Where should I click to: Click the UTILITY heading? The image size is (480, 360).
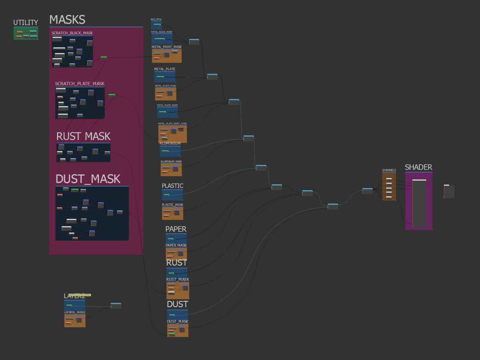pyautogui.click(x=25, y=23)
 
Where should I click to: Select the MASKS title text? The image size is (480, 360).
pyautogui.click(x=67, y=20)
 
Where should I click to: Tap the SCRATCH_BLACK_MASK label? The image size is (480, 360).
pyautogui.click(x=72, y=33)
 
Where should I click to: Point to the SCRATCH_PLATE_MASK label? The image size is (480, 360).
pyautogui.click(x=80, y=84)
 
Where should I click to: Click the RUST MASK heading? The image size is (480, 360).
pyautogui.click(x=83, y=136)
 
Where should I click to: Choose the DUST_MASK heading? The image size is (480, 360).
pyautogui.click(x=88, y=179)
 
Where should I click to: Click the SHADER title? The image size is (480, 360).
pyautogui.click(x=418, y=167)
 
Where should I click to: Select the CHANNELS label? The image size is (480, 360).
pyautogui.click(x=389, y=170)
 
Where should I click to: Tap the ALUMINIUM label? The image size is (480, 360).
pyautogui.click(x=170, y=143)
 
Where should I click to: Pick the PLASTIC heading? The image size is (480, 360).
pyautogui.click(x=172, y=186)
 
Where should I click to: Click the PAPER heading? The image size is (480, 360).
pyautogui.click(x=176, y=229)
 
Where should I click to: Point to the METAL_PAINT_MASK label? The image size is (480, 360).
pyautogui.click(x=167, y=47)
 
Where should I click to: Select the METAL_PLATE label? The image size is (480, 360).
pyautogui.click(x=165, y=69)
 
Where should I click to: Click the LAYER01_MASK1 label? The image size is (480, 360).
pyautogui.click(x=75, y=312)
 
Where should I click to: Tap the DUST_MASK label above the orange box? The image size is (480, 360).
pyautogui.click(x=178, y=321)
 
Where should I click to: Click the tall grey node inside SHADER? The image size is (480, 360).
pyautogui.click(x=419, y=203)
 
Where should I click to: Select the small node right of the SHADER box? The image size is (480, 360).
pyautogui.click(x=449, y=191)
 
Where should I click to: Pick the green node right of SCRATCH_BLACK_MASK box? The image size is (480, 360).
pyautogui.click(x=104, y=57)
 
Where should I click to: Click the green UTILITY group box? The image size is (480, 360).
pyautogui.click(x=26, y=33)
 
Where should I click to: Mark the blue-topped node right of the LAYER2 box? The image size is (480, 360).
pyautogui.click(x=116, y=305)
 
